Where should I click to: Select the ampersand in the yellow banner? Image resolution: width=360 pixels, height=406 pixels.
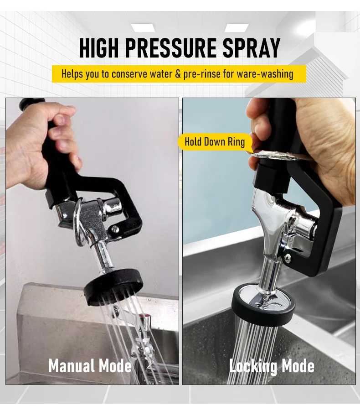[178, 73]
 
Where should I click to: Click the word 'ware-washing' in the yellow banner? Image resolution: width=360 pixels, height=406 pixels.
[265, 73]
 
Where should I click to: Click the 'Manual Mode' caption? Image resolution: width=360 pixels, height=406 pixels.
[90, 366]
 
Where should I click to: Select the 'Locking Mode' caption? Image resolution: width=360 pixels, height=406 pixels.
[272, 366]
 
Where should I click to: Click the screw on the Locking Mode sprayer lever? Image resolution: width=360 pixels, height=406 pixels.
[288, 259]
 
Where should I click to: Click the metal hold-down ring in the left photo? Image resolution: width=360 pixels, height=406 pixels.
[80, 224]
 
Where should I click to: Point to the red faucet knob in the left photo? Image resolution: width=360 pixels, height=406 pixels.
[143, 316]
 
